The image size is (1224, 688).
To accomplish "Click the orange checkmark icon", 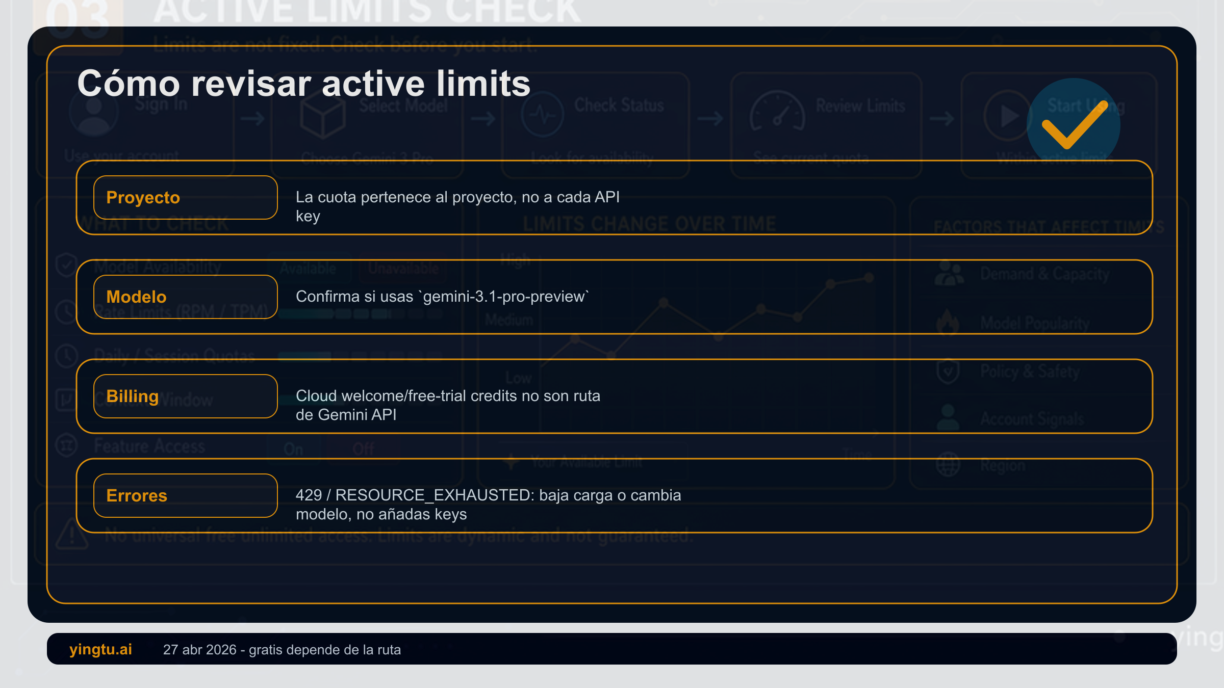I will click(1074, 125).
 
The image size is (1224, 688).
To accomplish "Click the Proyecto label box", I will click(185, 198).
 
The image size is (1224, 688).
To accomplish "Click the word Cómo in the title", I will click(129, 84).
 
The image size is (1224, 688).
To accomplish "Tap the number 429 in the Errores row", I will click(309, 495).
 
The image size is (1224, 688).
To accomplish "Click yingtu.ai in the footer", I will click(100, 649).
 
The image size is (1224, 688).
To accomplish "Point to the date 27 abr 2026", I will click(199, 650).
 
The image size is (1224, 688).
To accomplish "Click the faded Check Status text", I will click(619, 105).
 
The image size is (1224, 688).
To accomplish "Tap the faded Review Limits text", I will click(860, 106).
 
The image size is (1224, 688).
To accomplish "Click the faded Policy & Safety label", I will click(1030, 372).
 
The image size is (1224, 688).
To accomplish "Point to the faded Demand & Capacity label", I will click(1044, 274).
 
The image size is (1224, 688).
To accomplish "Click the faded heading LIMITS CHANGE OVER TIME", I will click(649, 224).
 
